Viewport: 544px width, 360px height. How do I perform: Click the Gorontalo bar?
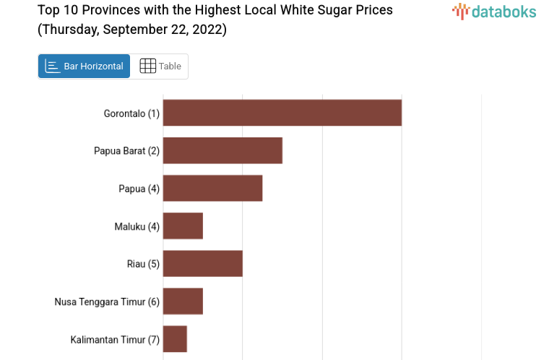[x=282, y=113]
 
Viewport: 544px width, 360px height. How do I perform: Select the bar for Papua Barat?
[x=223, y=150]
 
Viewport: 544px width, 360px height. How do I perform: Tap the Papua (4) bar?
[x=212, y=188]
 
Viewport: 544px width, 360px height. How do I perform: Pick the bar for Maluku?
[x=183, y=226]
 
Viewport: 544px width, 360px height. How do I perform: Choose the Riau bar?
[x=202, y=263]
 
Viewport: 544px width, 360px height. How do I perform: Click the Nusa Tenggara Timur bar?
[x=183, y=301]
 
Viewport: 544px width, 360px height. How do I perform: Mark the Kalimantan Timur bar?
[x=175, y=338]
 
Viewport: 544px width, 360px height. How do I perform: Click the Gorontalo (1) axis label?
[x=131, y=113]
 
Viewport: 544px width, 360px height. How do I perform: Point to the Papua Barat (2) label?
[x=126, y=151]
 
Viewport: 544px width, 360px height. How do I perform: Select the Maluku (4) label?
[x=137, y=226]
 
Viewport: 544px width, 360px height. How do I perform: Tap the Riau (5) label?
[x=143, y=264]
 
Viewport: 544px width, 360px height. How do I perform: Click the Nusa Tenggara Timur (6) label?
[x=107, y=301]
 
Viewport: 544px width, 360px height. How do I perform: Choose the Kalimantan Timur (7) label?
[x=115, y=339]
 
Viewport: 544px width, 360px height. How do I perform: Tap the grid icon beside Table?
[x=147, y=66]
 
